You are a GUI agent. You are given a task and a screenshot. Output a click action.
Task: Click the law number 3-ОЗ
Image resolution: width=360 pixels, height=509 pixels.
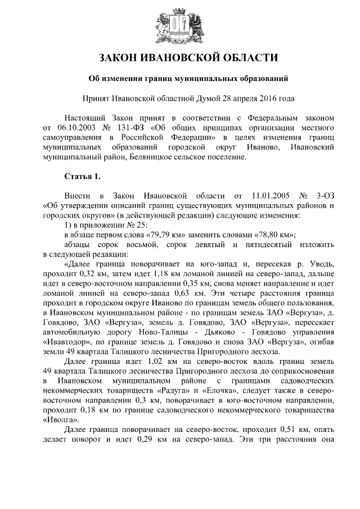[x=326, y=196]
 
